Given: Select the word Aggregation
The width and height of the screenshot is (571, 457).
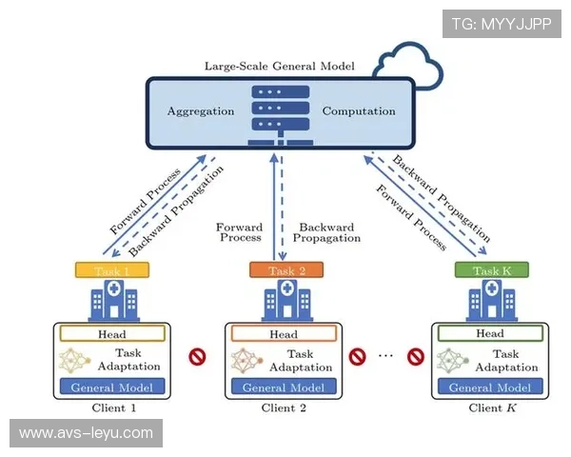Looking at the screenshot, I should pos(201,111).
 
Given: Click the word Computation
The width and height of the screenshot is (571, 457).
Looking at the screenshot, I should pos(358,111).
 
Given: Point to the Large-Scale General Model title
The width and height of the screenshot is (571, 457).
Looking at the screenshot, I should pos(280,67).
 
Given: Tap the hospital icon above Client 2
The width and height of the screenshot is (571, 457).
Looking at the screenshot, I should pos(283,303).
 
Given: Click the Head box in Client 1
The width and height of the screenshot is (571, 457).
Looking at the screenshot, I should pos(112,334).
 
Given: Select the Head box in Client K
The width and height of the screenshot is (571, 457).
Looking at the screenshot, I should pos(490,334).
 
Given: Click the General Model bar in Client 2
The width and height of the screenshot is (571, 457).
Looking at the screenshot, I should pos(284,387).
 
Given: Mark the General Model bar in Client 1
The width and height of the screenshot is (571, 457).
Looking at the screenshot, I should pos(112,387).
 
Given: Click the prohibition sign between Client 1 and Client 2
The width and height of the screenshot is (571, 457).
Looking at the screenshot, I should pos(198,358).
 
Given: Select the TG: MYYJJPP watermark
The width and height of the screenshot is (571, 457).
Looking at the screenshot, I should pos(502,24).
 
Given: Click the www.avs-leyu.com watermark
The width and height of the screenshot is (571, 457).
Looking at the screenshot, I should pos(87,433).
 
